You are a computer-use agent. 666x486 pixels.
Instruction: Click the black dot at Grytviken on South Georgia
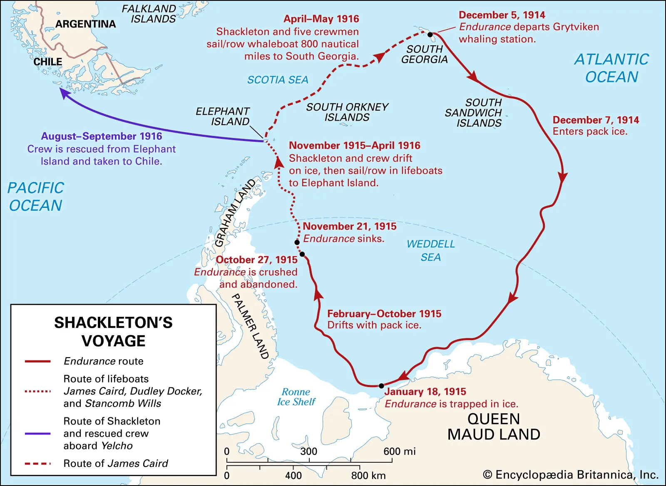430,35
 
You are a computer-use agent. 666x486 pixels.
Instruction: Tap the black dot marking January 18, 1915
381,386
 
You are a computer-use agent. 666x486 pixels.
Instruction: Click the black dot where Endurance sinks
297,242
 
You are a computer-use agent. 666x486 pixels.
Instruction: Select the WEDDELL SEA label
430,250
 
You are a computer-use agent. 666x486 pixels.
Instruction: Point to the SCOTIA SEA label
278,80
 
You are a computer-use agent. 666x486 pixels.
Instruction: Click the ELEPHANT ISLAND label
223,116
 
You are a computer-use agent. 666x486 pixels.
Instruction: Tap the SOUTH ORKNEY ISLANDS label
347,112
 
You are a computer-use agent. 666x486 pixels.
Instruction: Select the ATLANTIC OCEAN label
611,68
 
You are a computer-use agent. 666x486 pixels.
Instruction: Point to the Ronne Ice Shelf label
296,397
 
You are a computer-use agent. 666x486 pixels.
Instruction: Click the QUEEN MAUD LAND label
494,427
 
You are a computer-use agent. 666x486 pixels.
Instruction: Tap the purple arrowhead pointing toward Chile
64,93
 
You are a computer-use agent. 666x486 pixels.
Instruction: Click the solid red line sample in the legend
37,361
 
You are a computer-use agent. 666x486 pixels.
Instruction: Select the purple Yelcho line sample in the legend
37,434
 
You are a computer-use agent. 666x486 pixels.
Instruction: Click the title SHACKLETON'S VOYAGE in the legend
113,332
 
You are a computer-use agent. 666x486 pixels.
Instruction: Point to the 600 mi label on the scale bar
399,451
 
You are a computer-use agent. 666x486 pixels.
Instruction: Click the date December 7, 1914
596,120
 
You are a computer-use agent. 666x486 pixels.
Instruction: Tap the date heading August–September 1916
102,136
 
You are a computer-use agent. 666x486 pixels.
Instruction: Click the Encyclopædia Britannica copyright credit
571,475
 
